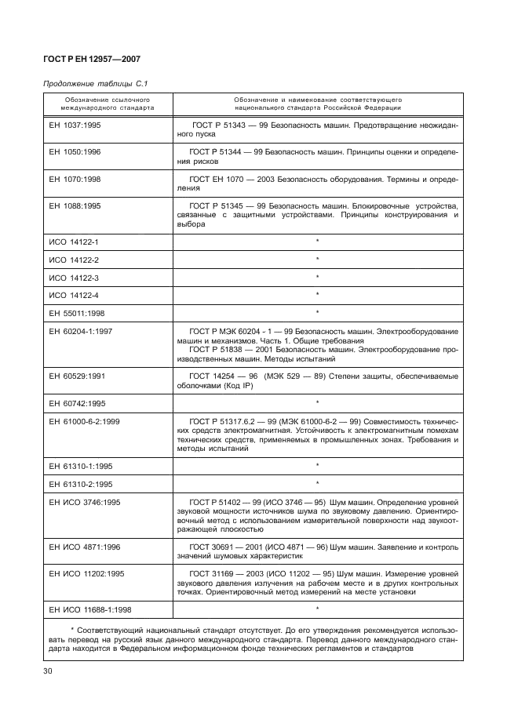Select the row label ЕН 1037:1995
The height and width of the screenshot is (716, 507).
tap(75, 125)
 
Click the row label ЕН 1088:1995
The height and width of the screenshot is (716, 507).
tap(75, 205)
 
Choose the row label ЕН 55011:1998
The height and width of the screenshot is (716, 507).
tap(77, 312)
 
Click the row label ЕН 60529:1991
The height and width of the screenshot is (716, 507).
tap(77, 376)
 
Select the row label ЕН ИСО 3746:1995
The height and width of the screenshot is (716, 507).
tap(86, 501)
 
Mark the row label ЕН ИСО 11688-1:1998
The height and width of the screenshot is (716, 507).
tap(90, 609)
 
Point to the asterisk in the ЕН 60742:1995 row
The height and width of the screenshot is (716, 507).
tap(317, 402)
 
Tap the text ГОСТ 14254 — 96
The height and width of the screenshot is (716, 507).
tap(223, 376)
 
